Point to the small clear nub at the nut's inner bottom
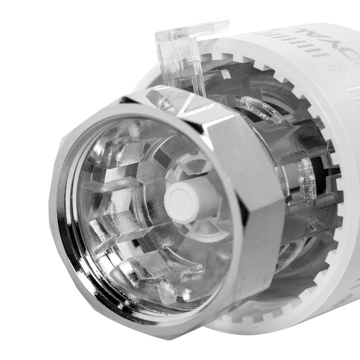pyautogui.click(x=166, y=292)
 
